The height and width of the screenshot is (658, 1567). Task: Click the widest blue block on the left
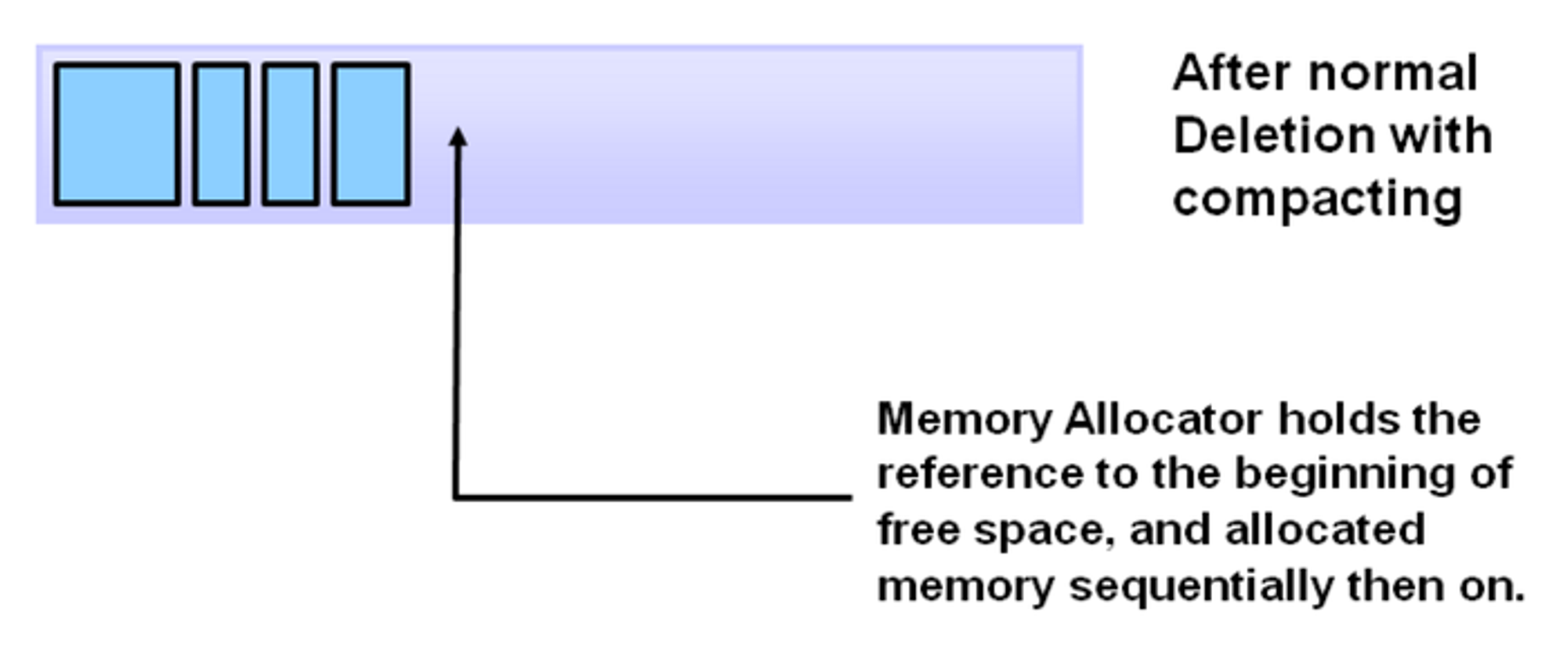pyautogui.click(x=117, y=134)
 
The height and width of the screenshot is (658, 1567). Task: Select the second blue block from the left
pyautogui.click(x=222, y=134)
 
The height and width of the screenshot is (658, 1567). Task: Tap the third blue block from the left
pyautogui.click(x=291, y=134)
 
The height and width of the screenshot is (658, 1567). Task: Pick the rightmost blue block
pyautogui.click(x=371, y=134)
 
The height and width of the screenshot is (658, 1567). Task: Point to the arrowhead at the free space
pyautogui.click(x=458, y=138)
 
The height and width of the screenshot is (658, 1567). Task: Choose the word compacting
pyautogui.click(x=1317, y=199)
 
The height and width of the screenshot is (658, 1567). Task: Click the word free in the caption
pyautogui.click(x=919, y=530)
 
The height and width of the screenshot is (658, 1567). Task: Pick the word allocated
pyautogui.click(x=1325, y=530)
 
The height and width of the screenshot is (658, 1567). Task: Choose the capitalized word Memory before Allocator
pyautogui.click(x=964, y=421)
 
